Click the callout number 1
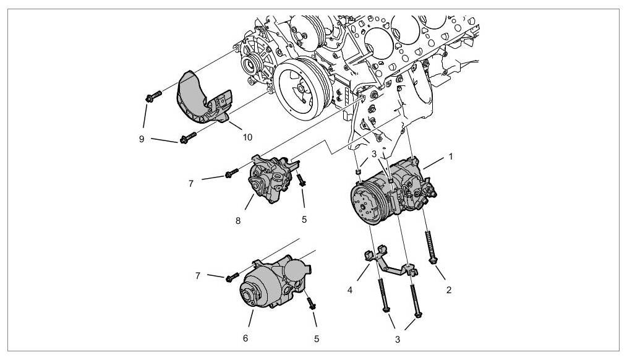pos(451,156)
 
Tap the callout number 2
pos(450,289)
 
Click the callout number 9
pos(142,139)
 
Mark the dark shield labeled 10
pos(198,102)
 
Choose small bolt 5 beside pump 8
pos(301,181)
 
